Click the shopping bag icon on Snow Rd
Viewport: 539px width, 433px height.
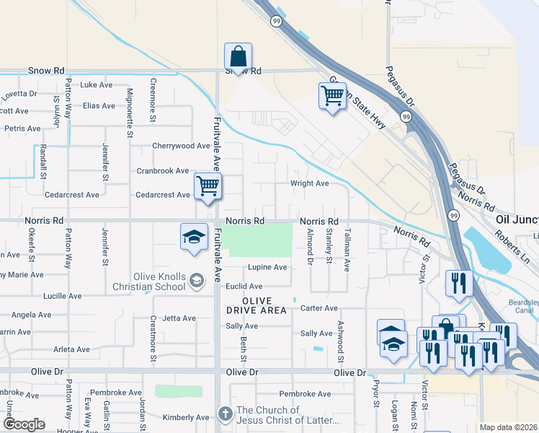(x=238, y=56)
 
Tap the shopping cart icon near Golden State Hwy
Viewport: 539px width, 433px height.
(x=331, y=95)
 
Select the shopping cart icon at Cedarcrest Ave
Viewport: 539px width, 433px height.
(x=208, y=186)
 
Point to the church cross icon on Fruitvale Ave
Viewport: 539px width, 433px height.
(x=225, y=414)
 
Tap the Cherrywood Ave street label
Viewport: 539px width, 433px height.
(x=181, y=146)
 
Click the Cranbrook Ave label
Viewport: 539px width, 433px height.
(x=163, y=171)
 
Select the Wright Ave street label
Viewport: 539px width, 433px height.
(x=309, y=183)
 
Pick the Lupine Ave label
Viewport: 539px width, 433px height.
(x=267, y=267)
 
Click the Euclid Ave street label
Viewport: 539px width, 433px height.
(x=244, y=287)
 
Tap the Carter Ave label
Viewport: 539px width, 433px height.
(x=319, y=307)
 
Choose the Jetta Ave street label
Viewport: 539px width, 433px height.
(x=179, y=318)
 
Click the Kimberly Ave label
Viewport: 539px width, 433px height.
(x=185, y=417)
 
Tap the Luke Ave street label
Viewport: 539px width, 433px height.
(x=97, y=84)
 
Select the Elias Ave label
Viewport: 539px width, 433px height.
(x=99, y=105)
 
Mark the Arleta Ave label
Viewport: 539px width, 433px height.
(x=71, y=349)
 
